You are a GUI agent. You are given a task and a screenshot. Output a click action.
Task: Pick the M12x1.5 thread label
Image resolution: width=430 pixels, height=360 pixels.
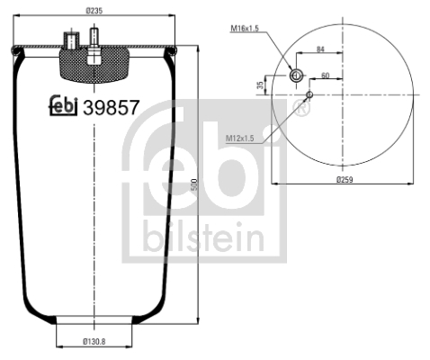tap(238, 138)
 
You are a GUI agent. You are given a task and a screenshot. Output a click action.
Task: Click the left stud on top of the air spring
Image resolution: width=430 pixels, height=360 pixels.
tap(67, 40)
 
